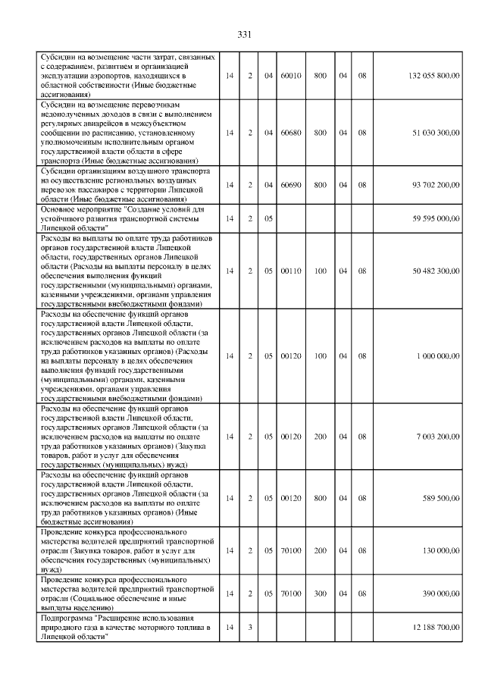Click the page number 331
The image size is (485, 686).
[243, 35]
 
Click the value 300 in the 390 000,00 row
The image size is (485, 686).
[321, 594]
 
